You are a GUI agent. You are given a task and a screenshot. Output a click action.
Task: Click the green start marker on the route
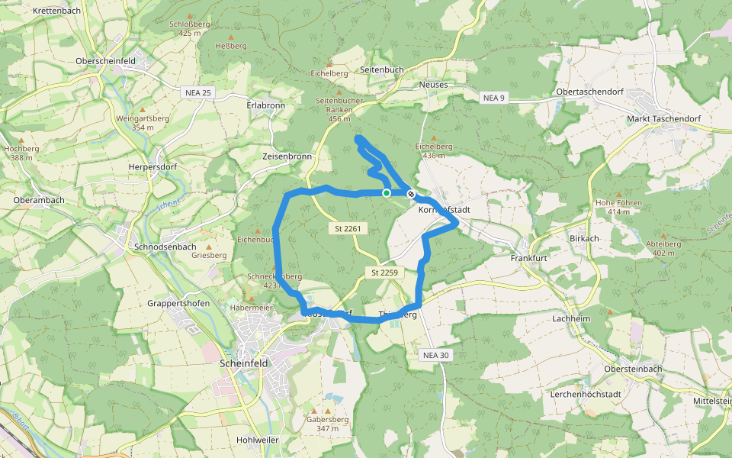tap(387, 193)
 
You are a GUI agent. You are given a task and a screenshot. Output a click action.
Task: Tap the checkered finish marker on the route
tap(411, 194)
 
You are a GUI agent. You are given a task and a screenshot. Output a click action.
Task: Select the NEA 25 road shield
tap(198, 92)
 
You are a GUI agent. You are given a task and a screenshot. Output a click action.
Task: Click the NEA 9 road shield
tap(494, 98)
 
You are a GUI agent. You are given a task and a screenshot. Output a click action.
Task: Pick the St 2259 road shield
tap(386, 273)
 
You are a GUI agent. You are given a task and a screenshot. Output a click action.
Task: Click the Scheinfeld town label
tap(243, 363)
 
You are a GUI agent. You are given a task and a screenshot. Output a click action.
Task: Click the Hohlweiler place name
tap(258, 440)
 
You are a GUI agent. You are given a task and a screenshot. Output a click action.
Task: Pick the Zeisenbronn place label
tap(287, 156)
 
